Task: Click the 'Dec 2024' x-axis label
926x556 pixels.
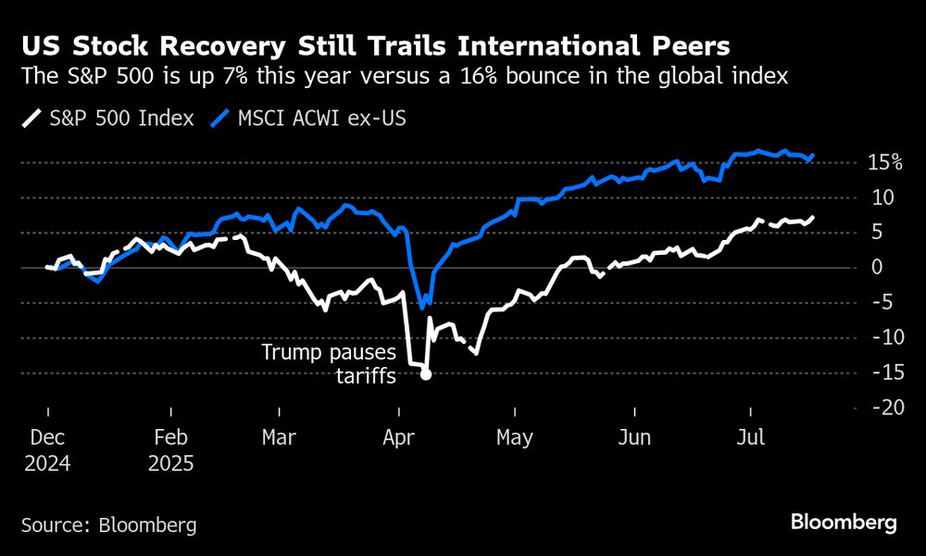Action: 47,449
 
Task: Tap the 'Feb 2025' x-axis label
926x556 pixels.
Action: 170,449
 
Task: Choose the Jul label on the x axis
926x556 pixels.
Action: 749,437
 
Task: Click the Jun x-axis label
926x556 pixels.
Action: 634,437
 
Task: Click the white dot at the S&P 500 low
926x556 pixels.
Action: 426,374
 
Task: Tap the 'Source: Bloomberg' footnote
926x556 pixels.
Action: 108,524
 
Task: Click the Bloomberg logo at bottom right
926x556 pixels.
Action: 844,523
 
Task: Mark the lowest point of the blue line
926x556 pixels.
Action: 423,308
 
